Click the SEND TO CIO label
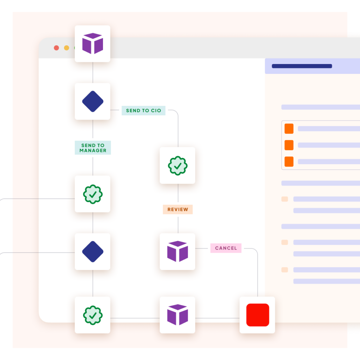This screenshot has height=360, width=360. click(143, 110)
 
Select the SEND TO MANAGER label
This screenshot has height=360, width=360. click(93, 148)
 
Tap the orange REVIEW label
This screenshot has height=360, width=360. click(178, 210)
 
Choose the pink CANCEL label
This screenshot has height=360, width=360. click(226, 248)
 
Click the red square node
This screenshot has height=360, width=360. click(257, 315)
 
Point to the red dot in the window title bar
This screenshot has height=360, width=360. click(56, 48)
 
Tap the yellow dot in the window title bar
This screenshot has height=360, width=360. click(66, 48)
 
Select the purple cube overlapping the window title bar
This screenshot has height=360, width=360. click(92, 44)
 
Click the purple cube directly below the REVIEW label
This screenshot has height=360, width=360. click(177, 251)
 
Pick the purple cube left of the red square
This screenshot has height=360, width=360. click(177, 315)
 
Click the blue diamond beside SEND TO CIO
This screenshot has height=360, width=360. click(92, 101)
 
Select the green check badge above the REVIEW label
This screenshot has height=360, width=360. click(178, 166)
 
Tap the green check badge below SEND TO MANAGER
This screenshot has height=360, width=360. click(92, 194)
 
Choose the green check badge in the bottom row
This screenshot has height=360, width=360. click(92, 315)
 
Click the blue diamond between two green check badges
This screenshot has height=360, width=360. click(92, 252)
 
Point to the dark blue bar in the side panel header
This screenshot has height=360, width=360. click(302, 66)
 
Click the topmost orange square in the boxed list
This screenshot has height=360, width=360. click(289, 129)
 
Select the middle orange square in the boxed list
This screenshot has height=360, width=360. click(289, 145)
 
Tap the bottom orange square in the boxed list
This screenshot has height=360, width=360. click(289, 161)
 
